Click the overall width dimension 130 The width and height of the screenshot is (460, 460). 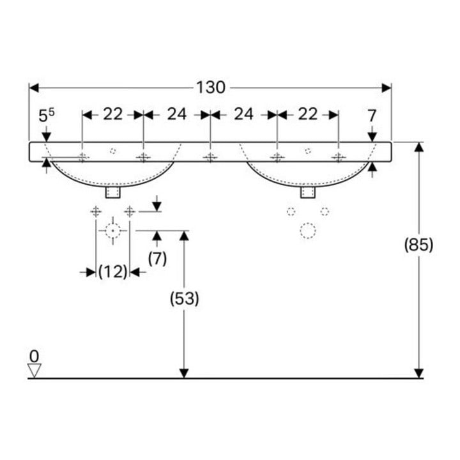(x=211, y=88)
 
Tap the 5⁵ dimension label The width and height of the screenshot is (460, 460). (x=47, y=115)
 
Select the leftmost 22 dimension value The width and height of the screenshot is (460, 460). (x=112, y=114)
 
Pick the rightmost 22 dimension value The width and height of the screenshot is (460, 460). (x=308, y=114)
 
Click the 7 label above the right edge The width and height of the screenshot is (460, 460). (x=372, y=116)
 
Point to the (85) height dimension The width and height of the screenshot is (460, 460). (x=418, y=245)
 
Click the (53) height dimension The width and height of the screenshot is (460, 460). (x=185, y=299)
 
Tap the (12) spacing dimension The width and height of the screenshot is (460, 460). (x=113, y=272)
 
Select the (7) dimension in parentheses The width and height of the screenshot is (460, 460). (x=157, y=259)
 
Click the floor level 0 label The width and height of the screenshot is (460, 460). (x=34, y=356)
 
